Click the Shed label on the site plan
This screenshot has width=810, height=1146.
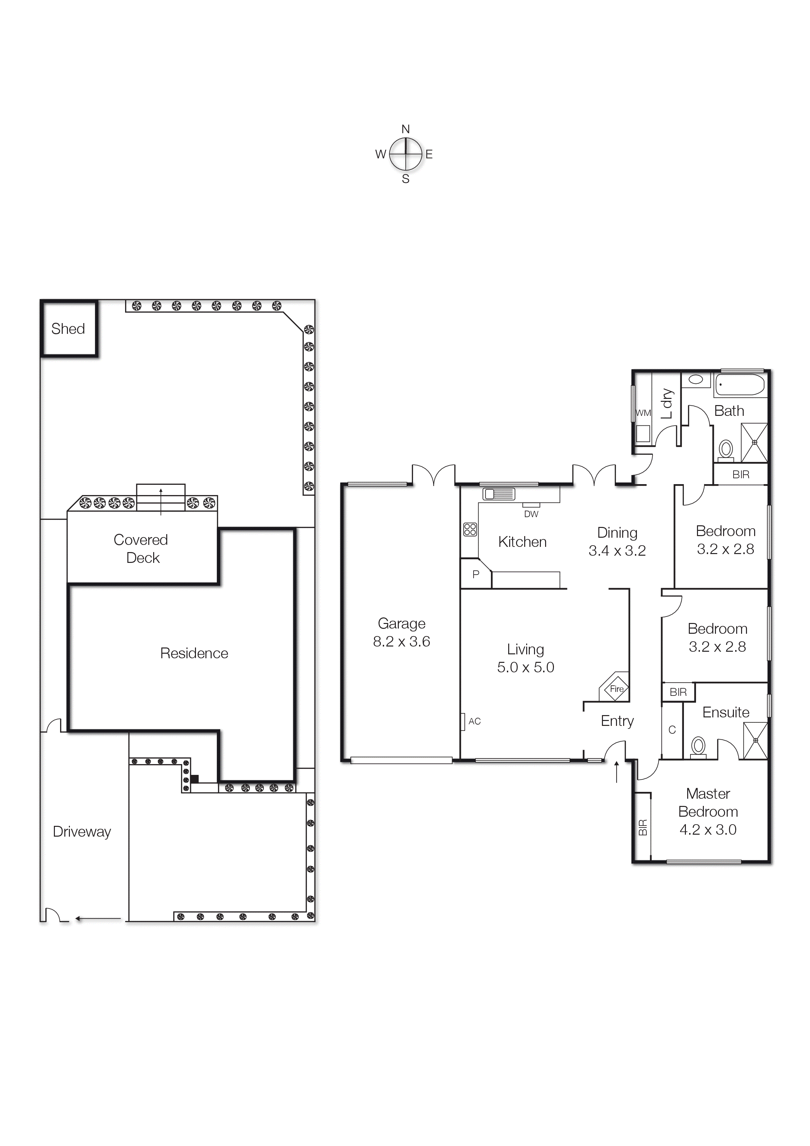[x=68, y=329]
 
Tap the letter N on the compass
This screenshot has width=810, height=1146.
[x=405, y=129]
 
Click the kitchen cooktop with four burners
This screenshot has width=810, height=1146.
[x=470, y=529]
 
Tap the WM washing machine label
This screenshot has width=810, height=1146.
[x=643, y=413]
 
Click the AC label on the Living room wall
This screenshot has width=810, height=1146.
[x=474, y=721]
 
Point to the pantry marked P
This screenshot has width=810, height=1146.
[x=476, y=575]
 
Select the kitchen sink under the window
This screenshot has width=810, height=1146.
[x=498, y=494]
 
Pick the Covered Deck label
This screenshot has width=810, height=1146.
[x=142, y=548]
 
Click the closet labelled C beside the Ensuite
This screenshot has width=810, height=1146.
[x=672, y=730]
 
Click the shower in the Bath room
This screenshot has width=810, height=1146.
[x=754, y=442]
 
